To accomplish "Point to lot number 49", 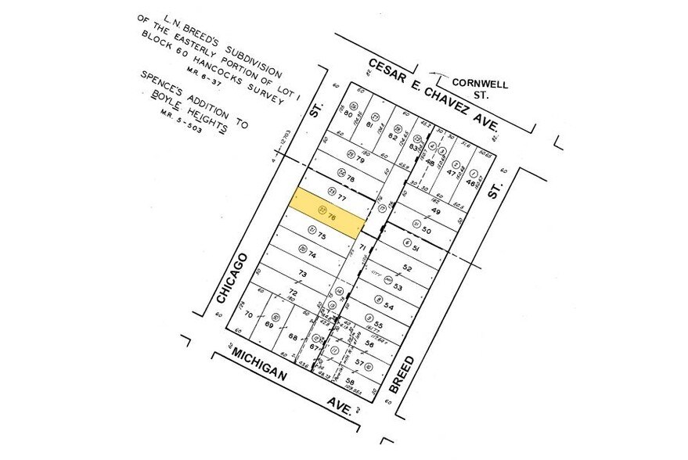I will coord(436,211).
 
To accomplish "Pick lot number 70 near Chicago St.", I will coord(250,315).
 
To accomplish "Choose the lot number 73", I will coord(301,274).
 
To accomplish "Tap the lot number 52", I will coord(407,268).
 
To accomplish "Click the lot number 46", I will coord(470,182).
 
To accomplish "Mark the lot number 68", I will coord(294,338).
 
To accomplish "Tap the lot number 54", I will coord(388,306).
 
